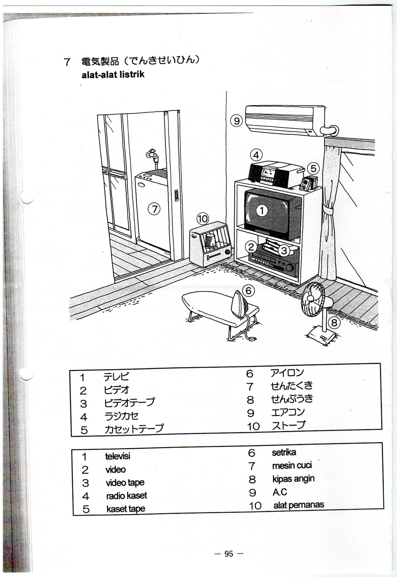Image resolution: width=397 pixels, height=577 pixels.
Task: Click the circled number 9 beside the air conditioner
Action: click(x=236, y=121)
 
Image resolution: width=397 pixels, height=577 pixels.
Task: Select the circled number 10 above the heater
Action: click(x=202, y=219)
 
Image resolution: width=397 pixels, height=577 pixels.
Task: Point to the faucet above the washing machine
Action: click(x=152, y=156)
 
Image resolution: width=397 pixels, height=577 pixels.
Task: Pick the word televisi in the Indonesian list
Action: click(x=118, y=456)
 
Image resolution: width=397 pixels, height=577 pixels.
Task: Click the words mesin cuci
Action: click(x=292, y=465)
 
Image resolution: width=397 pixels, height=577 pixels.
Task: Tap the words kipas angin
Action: click(x=294, y=478)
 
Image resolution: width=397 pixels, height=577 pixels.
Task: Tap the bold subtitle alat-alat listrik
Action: click(x=113, y=74)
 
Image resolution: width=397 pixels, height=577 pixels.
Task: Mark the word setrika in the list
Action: click(x=284, y=452)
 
